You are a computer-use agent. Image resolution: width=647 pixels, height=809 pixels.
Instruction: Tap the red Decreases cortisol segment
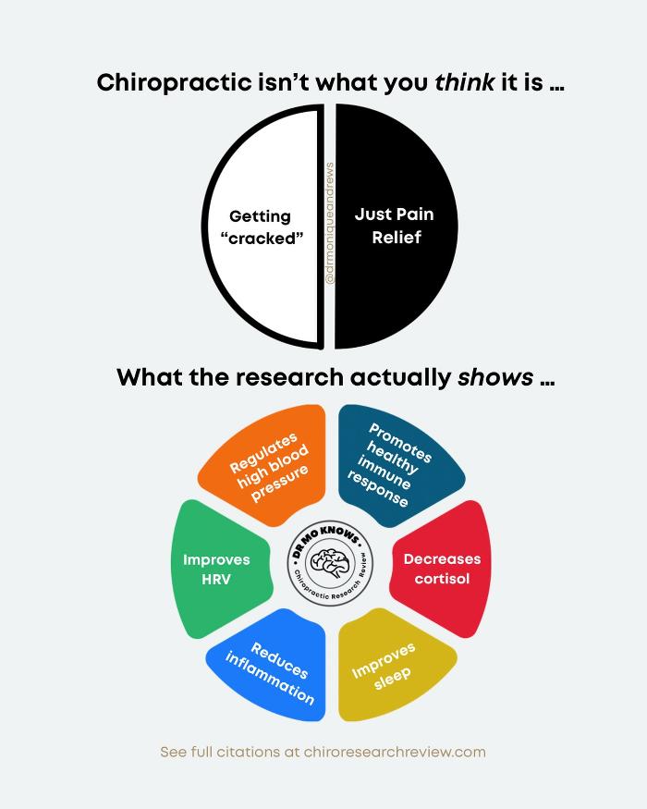[x=442, y=569]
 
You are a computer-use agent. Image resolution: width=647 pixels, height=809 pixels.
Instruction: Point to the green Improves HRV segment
[x=219, y=570]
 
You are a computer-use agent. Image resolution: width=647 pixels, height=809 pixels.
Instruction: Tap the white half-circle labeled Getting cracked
[x=261, y=227]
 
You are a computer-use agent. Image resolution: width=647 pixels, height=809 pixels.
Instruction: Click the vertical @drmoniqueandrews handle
[x=330, y=224]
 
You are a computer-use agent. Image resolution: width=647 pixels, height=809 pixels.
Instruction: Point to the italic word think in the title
[x=465, y=82]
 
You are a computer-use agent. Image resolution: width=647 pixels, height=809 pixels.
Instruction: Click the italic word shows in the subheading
[x=495, y=377]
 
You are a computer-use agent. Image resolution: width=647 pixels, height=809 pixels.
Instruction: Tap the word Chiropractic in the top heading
[x=175, y=83]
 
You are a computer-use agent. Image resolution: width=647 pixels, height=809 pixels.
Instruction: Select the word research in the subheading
[x=289, y=377]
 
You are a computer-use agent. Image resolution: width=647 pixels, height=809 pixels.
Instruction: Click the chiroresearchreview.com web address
[x=395, y=752]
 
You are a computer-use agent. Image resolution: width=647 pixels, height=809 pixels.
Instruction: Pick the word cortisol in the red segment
[x=442, y=579]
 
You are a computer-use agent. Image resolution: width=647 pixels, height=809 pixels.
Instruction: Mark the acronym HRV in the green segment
[x=216, y=580]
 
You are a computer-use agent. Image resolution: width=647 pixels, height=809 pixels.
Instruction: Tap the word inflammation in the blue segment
[x=269, y=679]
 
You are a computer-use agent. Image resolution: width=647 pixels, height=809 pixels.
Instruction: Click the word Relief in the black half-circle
[x=397, y=238]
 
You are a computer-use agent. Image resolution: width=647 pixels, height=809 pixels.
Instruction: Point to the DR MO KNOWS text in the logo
[x=326, y=539]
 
